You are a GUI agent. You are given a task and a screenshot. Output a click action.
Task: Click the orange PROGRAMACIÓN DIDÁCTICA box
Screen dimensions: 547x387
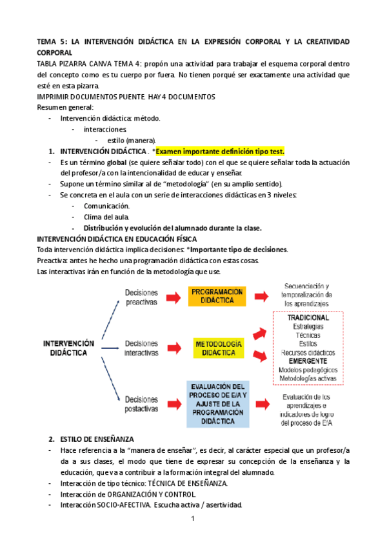(217, 296)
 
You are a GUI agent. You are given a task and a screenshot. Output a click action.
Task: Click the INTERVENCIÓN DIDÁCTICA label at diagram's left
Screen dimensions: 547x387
(68, 348)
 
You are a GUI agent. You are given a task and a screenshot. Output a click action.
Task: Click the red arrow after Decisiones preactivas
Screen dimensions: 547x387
(173, 297)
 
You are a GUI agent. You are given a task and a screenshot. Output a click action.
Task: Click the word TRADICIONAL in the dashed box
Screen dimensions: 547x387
(308, 318)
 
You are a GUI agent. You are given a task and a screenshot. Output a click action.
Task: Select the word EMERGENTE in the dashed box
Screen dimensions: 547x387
(308, 361)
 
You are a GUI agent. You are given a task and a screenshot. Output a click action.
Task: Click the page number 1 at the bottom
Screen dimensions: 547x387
(193, 519)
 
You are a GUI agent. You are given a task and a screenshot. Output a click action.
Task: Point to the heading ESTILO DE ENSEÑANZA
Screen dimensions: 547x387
(94, 439)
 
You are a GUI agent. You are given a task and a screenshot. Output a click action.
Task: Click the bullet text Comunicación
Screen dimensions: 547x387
(106, 206)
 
